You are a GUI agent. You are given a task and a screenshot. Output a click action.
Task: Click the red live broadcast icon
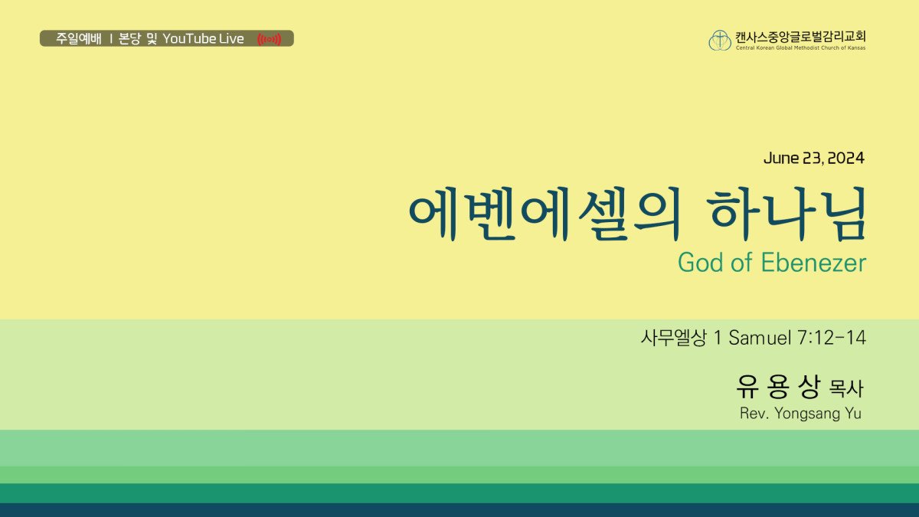pyautogui.click(x=269, y=39)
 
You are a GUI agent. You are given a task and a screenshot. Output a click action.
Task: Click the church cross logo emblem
pyautogui.click(x=720, y=40)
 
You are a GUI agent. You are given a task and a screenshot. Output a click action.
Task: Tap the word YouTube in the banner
pyautogui.click(x=189, y=38)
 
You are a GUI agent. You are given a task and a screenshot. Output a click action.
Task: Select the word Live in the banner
pyautogui.click(x=231, y=38)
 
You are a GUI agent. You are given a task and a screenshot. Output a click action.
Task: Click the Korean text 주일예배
pyautogui.click(x=78, y=38)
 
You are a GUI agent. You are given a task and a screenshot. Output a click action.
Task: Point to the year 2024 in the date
pyautogui.click(x=845, y=159)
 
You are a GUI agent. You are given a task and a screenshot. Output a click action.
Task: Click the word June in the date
pyautogui.click(x=781, y=159)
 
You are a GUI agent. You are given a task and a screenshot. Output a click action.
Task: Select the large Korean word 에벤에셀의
pyautogui.click(x=545, y=214)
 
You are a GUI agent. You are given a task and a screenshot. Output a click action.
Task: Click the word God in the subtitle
pyautogui.click(x=701, y=263)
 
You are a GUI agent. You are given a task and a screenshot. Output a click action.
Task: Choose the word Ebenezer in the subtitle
pyautogui.click(x=813, y=263)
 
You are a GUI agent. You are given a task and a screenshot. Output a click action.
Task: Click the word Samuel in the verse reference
pyautogui.click(x=760, y=338)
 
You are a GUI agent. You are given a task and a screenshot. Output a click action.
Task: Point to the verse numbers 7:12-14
pyautogui.click(x=832, y=338)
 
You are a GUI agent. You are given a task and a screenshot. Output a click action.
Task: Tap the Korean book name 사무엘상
pyautogui.click(x=673, y=338)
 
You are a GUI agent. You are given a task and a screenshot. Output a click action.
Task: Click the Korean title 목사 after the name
pyautogui.click(x=846, y=388)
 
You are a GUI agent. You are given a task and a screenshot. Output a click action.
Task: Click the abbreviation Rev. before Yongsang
pyautogui.click(x=754, y=413)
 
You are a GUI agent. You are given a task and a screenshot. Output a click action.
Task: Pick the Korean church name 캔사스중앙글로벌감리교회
pyautogui.click(x=800, y=37)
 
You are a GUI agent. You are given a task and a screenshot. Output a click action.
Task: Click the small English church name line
pyautogui.click(x=800, y=48)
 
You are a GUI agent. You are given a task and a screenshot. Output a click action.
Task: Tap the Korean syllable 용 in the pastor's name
pyautogui.click(x=778, y=387)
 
